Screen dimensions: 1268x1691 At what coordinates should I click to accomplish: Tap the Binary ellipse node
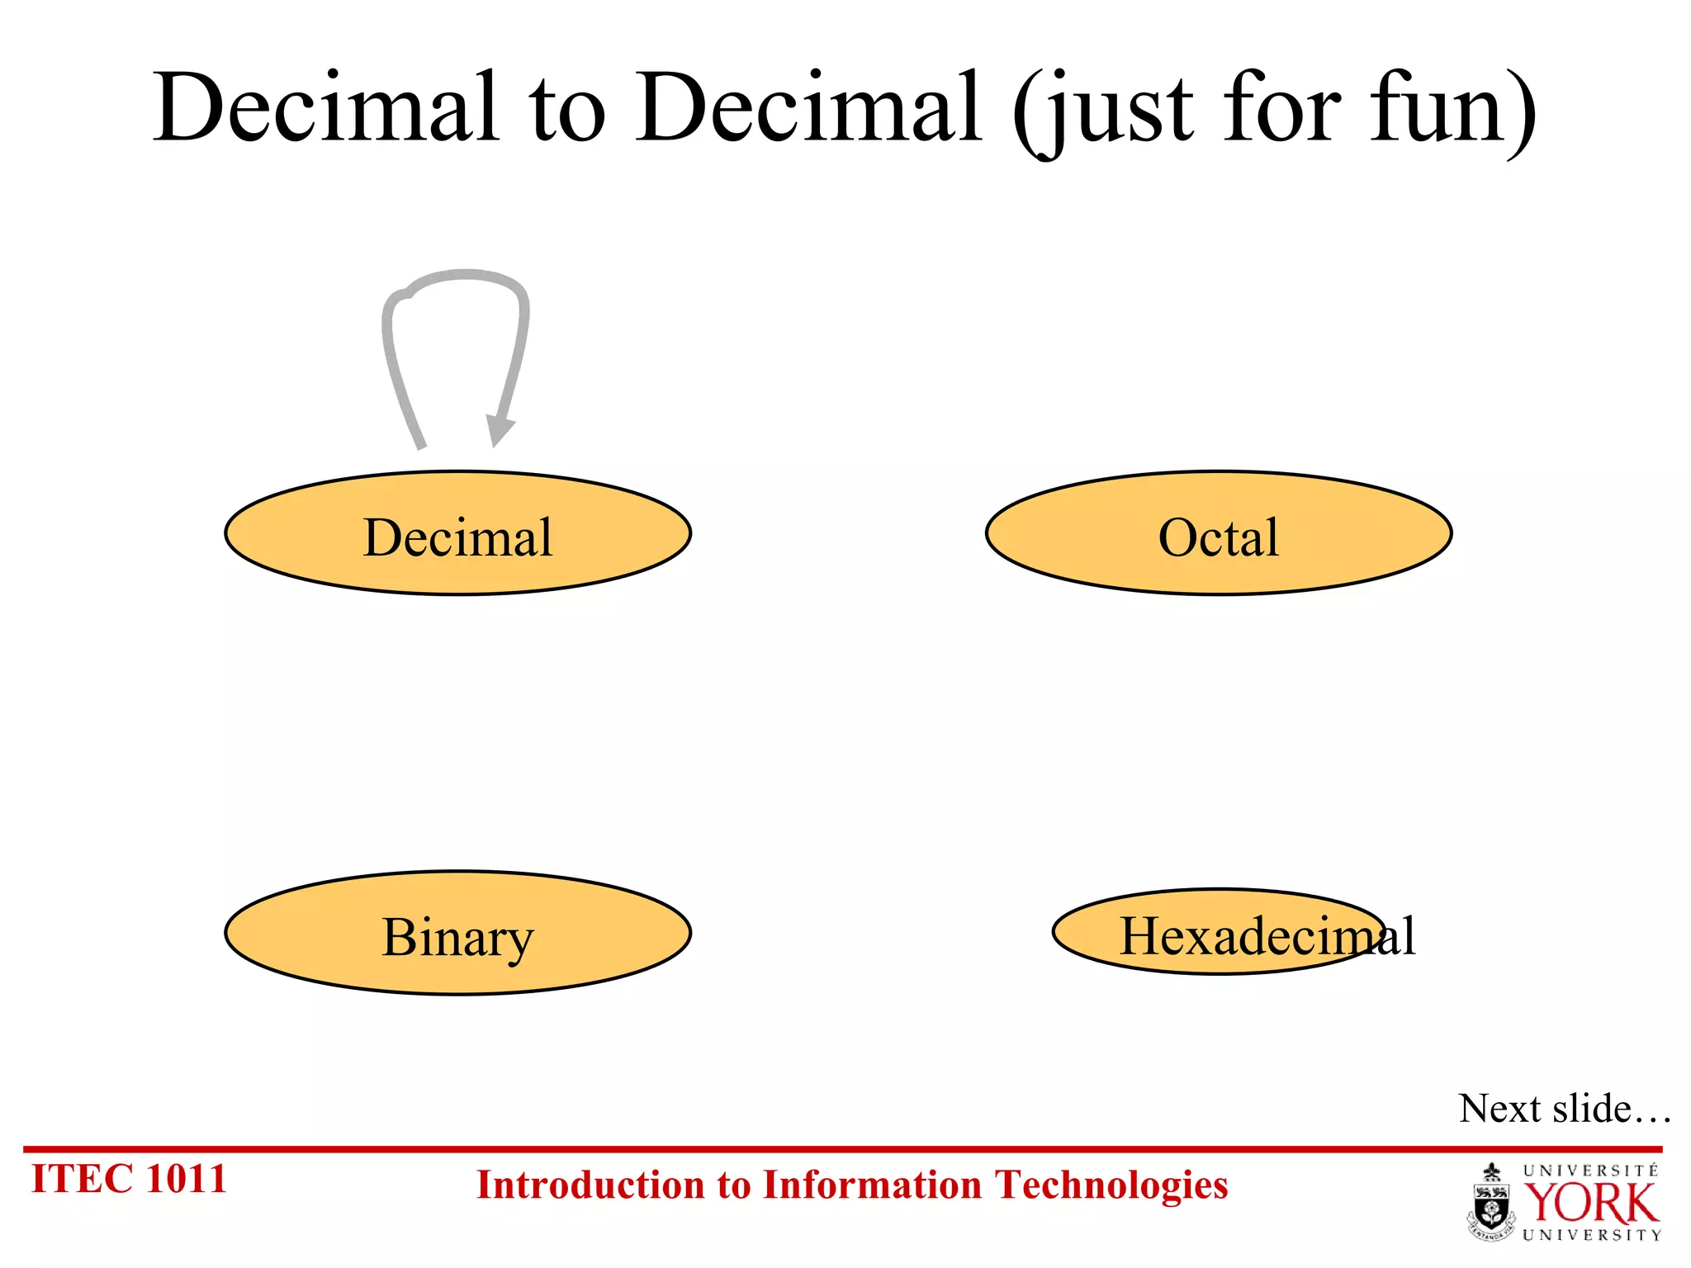[x=457, y=934]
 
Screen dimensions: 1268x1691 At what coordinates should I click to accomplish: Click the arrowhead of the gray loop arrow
[x=499, y=429]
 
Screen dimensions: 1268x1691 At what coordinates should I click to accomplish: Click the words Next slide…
[x=1564, y=1109]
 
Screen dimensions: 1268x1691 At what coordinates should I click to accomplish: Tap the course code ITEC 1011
[x=129, y=1179]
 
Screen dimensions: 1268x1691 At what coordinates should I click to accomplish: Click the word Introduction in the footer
[x=590, y=1185]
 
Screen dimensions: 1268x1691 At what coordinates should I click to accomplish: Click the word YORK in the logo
[x=1590, y=1204]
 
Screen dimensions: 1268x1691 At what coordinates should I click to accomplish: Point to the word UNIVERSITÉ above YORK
[x=1590, y=1171]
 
